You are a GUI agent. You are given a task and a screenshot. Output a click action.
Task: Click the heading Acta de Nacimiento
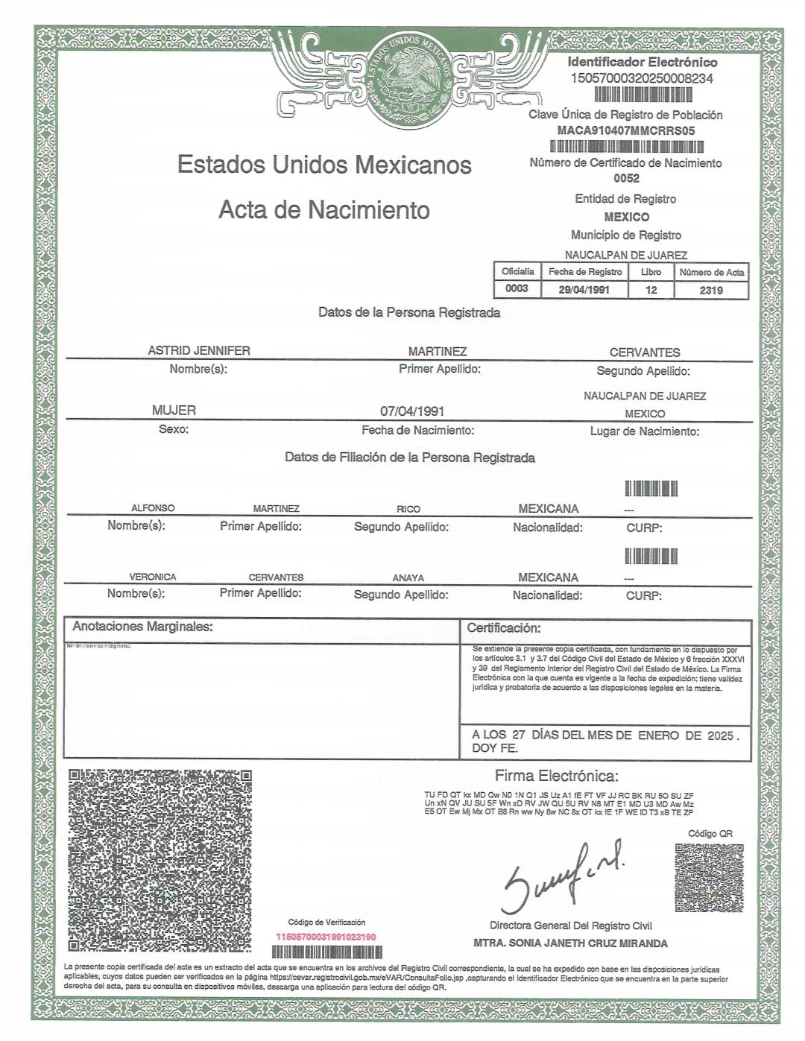(324, 210)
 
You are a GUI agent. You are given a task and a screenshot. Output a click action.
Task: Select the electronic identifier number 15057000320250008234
(642, 78)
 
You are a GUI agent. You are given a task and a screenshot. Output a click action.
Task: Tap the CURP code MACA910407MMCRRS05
(626, 130)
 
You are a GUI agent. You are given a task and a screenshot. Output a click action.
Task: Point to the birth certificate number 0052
(626, 178)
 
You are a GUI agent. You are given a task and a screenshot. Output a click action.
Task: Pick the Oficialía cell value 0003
(517, 288)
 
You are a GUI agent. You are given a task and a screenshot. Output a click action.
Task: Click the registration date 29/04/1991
(584, 290)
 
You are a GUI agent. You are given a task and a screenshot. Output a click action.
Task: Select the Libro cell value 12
(651, 290)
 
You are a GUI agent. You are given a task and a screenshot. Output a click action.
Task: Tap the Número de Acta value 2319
(711, 290)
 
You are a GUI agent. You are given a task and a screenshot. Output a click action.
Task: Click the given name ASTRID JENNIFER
(199, 350)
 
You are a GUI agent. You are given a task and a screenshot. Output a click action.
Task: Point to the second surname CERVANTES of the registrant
(645, 352)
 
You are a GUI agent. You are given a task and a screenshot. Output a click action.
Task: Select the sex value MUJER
(174, 411)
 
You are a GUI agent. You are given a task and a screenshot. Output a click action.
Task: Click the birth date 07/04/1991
(412, 411)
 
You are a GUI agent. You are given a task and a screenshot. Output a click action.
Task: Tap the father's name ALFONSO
(153, 508)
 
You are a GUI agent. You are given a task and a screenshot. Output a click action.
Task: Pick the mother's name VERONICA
(153, 577)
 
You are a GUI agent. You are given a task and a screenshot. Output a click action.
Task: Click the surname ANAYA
(408, 578)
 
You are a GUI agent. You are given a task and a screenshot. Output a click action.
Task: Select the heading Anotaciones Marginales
(142, 627)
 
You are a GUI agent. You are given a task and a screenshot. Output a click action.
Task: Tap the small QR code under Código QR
(710, 878)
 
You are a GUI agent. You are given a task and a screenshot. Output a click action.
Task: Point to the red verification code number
(326, 937)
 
